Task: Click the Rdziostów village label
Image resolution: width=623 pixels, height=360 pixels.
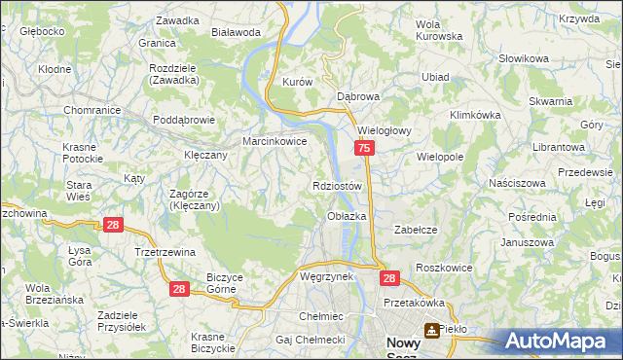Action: point(338,185)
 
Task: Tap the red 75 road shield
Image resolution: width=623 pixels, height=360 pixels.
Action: point(363,149)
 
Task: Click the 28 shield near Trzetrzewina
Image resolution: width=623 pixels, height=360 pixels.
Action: point(113,226)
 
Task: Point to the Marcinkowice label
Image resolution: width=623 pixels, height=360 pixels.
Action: point(275,141)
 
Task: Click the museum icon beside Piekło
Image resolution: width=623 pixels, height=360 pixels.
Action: point(429,330)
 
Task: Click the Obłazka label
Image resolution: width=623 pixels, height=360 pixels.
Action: point(347,216)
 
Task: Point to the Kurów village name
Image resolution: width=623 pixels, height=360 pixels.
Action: point(296,83)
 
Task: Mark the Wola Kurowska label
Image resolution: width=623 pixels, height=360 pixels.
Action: point(439,30)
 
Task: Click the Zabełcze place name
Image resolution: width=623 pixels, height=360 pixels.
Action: point(414,230)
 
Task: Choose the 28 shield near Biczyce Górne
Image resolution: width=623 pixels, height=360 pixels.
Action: point(178,289)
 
